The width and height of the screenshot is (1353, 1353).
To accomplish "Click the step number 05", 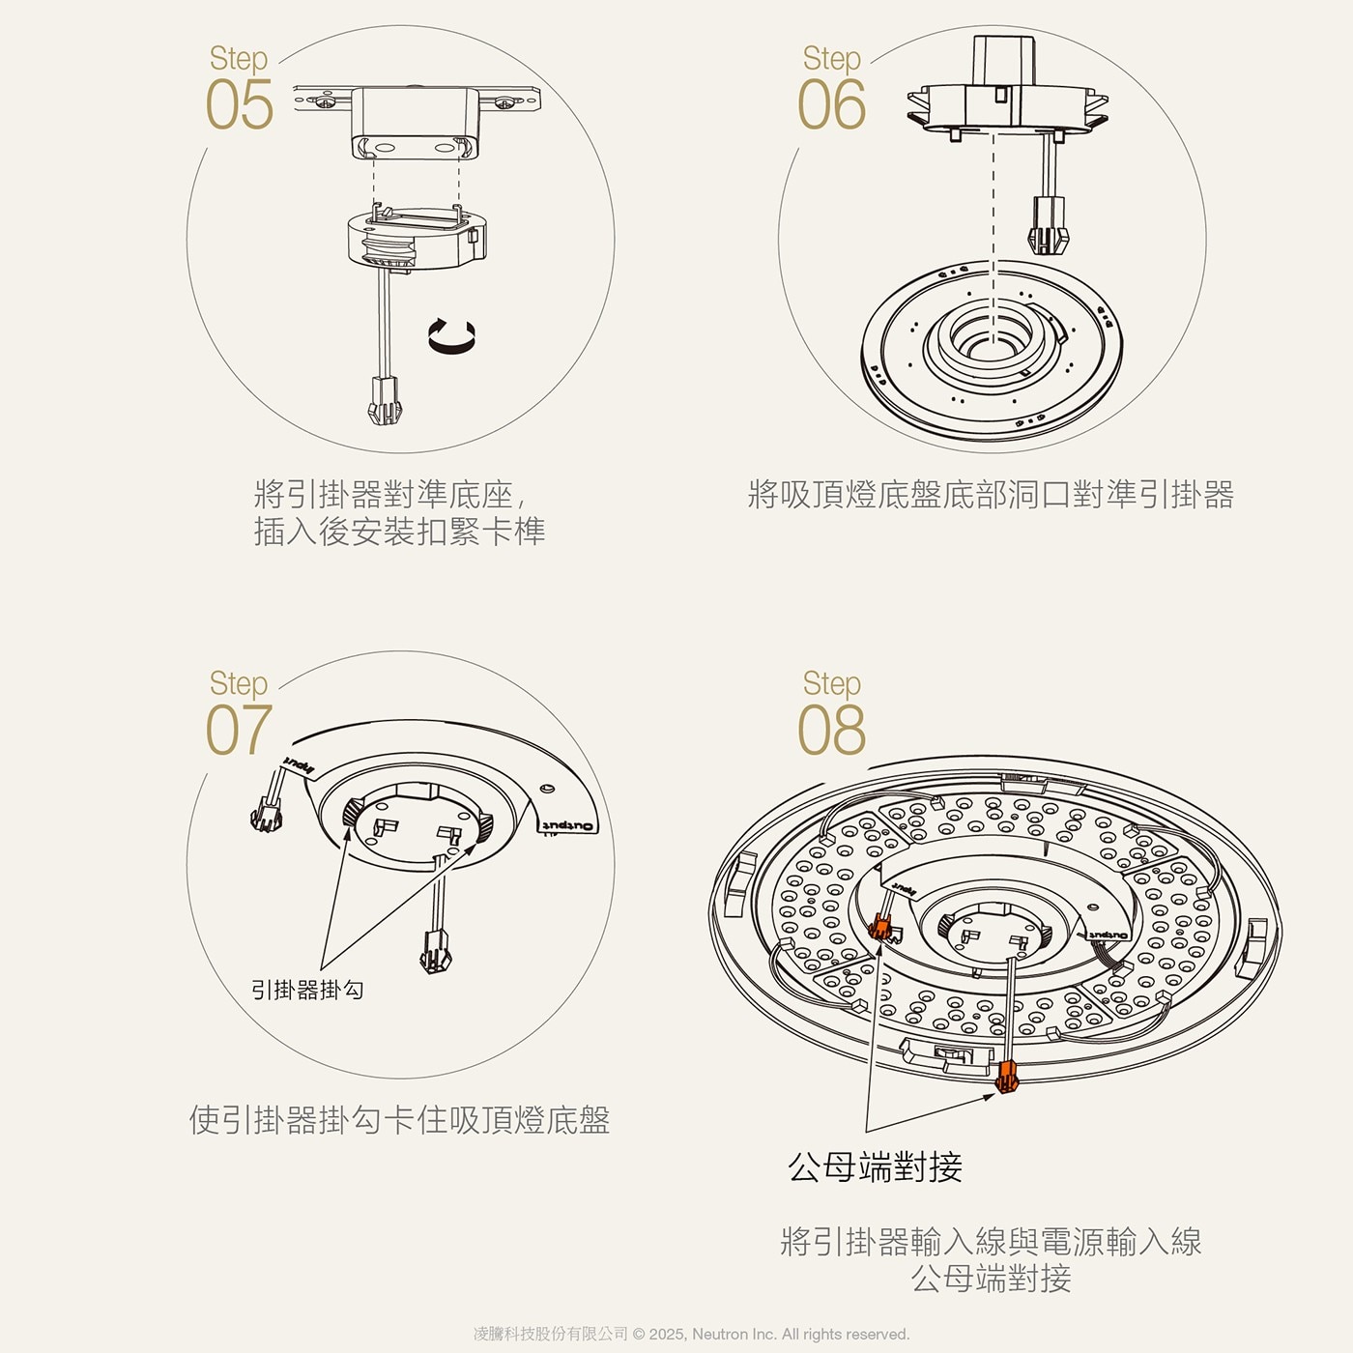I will [240, 104].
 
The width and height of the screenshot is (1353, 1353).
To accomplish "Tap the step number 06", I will [831, 104].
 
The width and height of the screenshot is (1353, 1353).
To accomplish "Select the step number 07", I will [238, 730].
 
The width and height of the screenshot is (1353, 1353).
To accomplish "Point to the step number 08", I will [831, 730].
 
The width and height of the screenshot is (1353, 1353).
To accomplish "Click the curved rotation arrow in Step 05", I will [452, 334].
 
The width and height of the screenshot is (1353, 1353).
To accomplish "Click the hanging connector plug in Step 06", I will [1049, 225].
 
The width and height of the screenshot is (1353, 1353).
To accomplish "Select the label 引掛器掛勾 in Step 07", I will [307, 990].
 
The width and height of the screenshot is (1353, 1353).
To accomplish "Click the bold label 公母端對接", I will [875, 1167].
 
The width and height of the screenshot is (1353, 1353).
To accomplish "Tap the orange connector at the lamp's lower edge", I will [1007, 1075].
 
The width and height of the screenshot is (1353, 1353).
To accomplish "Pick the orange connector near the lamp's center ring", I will [881, 928].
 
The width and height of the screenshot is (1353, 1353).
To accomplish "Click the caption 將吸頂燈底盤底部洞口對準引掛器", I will [991, 495].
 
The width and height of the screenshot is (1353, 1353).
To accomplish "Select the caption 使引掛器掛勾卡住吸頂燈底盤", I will [399, 1120].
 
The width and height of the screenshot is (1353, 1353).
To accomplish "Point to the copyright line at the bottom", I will [691, 1334].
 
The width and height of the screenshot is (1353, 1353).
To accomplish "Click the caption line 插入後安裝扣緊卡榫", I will [399, 532].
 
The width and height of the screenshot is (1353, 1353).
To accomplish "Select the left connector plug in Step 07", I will [266, 818].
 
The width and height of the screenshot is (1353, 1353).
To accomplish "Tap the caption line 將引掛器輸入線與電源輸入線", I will [991, 1242].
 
